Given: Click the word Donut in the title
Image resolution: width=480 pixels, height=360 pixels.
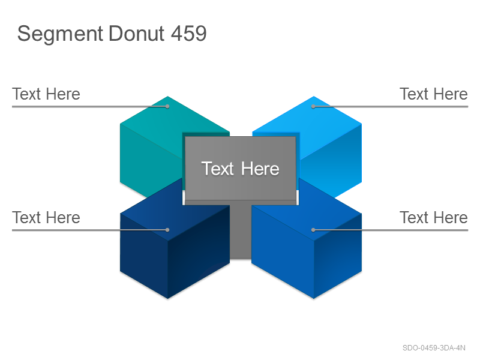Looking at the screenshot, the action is click(x=137, y=33).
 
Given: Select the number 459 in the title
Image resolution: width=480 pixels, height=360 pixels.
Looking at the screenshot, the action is click(x=189, y=33).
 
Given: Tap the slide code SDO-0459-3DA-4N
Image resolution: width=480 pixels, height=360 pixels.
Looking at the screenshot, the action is click(x=434, y=348).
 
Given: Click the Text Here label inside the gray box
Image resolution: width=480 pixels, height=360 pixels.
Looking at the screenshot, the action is click(x=241, y=169).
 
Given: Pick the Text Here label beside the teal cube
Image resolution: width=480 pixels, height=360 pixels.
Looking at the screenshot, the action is click(x=46, y=94).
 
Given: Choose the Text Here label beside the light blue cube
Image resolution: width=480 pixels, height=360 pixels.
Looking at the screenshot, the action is click(x=433, y=94).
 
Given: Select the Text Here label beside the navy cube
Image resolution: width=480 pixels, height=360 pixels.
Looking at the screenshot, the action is click(x=46, y=217).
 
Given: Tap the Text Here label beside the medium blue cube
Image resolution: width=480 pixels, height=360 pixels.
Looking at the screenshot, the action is click(x=433, y=217).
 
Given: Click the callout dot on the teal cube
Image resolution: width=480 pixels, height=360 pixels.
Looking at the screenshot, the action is click(x=167, y=106).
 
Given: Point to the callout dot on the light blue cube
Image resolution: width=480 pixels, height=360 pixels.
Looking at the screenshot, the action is click(x=313, y=106).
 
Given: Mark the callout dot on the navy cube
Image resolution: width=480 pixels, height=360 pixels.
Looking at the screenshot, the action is click(x=167, y=230).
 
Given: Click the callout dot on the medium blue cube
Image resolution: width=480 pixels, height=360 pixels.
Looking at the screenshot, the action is click(x=313, y=230).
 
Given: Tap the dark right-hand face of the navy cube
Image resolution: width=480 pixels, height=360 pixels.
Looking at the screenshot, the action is click(x=199, y=251).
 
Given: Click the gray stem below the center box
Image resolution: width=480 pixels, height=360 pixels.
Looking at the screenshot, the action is click(x=241, y=231).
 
